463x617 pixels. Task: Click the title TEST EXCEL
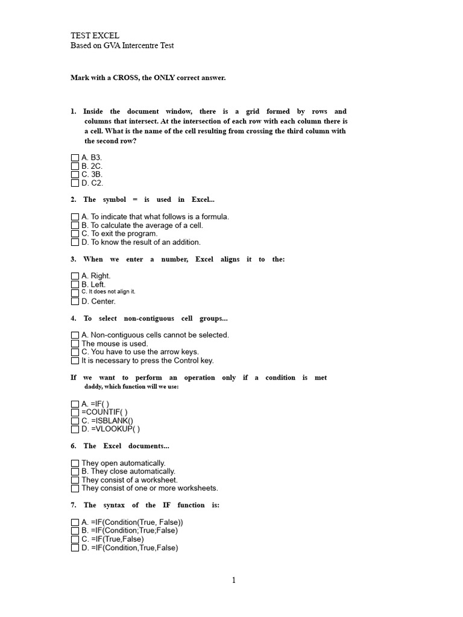click(95, 36)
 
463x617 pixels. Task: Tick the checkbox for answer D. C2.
click(75, 183)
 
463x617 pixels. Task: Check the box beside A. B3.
click(75, 157)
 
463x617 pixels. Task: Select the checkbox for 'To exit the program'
click(75, 234)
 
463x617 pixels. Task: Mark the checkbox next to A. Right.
click(75, 276)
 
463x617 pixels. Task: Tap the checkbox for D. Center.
click(75, 301)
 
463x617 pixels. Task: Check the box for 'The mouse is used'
click(75, 343)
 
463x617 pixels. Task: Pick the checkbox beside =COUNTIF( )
click(75, 412)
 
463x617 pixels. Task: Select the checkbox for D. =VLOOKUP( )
click(75, 429)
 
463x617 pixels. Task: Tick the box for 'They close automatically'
click(75, 471)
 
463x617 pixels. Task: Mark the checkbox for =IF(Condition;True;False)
click(75, 531)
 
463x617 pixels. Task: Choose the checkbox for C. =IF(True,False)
click(75, 539)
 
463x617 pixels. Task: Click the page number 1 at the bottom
click(234, 580)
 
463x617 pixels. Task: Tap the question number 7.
click(73, 505)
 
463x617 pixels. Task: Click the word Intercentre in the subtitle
click(139, 45)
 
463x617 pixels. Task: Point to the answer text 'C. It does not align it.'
click(109, 292)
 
